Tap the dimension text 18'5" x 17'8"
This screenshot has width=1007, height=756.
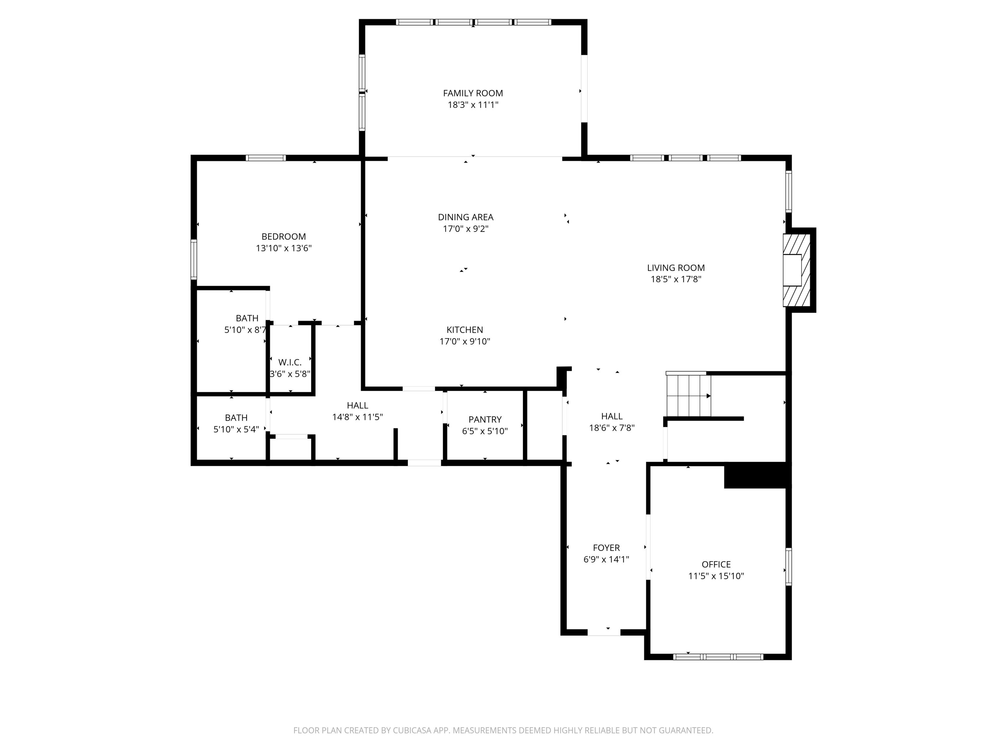pyautogui.click(x=676, y=279)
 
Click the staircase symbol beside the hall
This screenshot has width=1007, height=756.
pyautogui.click(x=688, y=395)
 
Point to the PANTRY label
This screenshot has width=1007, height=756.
pyautogui.click(x=485, y=419)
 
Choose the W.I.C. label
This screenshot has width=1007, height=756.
pyautogui.click(x=290, y=362)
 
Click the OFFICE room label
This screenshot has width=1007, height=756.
pyautogui.click(x=716, y=564)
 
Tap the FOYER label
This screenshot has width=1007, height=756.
pyautogui.click(x=606, y=548)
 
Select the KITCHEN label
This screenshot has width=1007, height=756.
pyautogui.click(x=464, y=329)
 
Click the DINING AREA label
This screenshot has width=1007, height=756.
pyautogui.click(x=465, y=217)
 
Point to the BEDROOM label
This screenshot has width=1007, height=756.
pyautogui.click(x=283, y=237)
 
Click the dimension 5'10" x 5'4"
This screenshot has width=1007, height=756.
pyautogui.click(x=236, y=429)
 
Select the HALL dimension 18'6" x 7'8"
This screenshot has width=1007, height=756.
pyautogui.click(x=611, y=428)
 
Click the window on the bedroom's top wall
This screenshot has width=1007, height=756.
pyautogui.click(x=266, y=158)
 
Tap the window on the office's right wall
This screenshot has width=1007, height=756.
pyautogui.click(x=788, y=566)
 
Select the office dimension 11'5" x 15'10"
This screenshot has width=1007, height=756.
pyautogui.click(x=716, y=576)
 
